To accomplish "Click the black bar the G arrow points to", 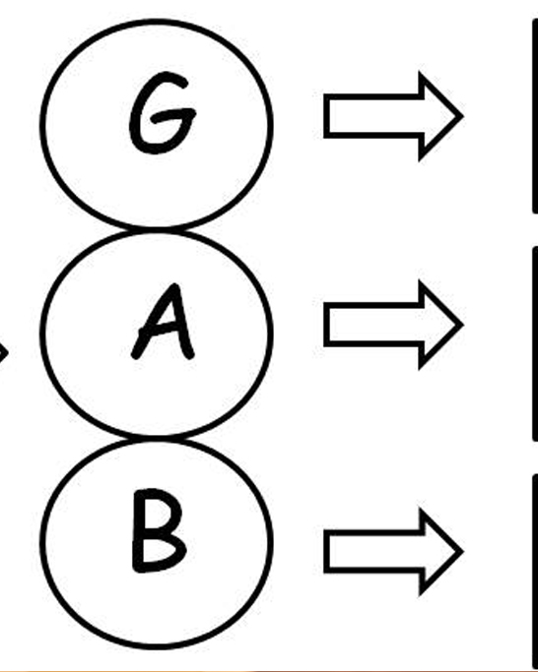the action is [535, 116].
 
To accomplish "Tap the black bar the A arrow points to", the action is [535, 343].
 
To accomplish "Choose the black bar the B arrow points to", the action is [535, 573].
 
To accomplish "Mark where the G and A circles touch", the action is [157, 229].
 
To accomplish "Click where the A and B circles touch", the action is [157, 438].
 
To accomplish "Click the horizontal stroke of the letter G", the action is [172, 115].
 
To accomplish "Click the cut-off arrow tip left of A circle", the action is [3, 352].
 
